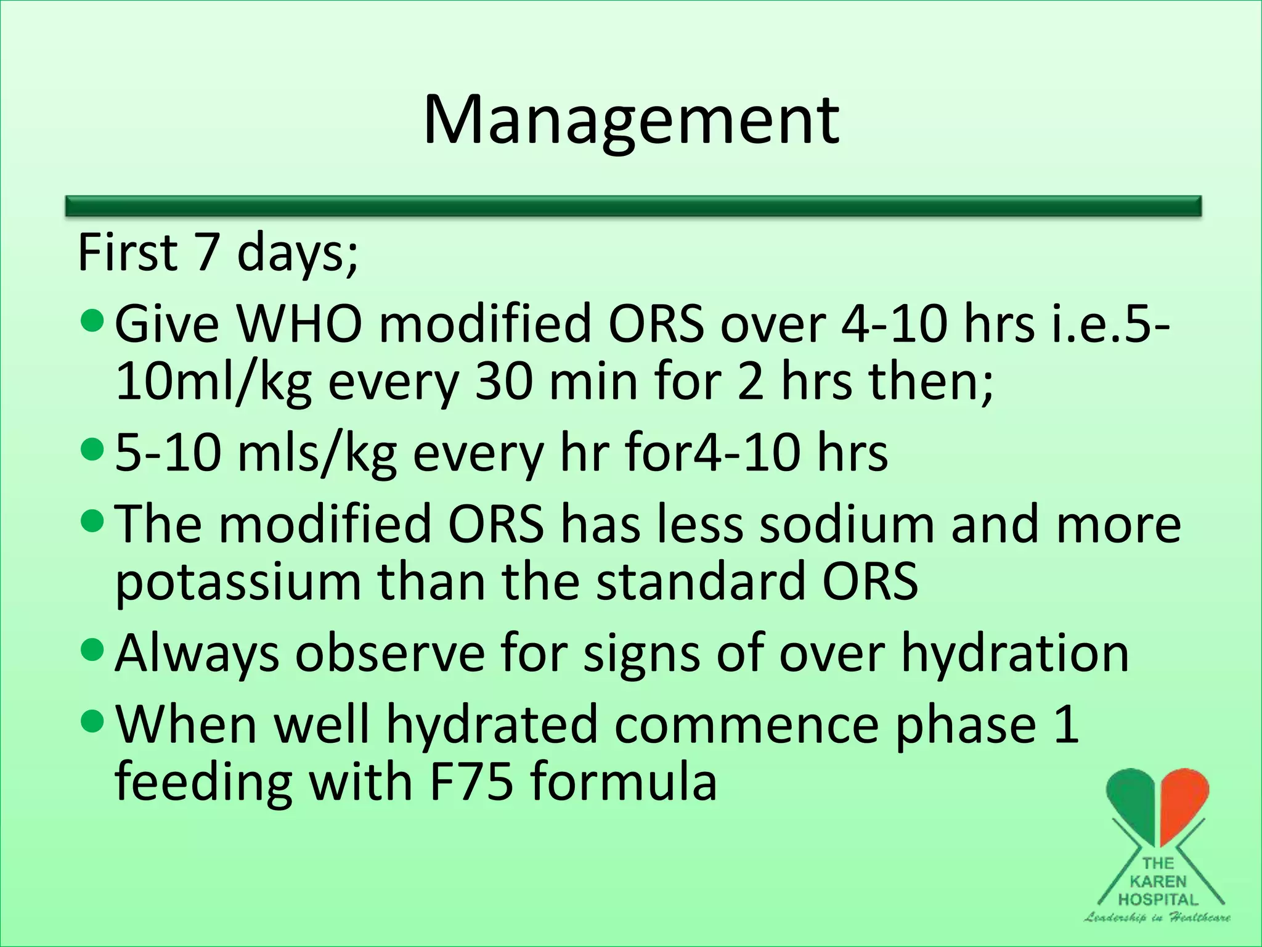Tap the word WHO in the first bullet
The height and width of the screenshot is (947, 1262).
click(x=299, y=324)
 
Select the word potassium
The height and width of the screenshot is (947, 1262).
click(x=238, y=582)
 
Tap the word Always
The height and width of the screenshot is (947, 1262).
click(x=197, y=654)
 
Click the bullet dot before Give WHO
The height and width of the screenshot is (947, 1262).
click(x=94, y=322)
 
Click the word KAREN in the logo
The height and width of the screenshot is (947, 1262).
click(x=1158, y=882)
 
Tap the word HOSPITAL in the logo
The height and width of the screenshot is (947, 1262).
click(x=1158, y=900)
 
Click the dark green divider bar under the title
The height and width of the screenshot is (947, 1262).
click(x=633, y=206)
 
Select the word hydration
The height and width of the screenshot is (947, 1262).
click(x=1015, y=654)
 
